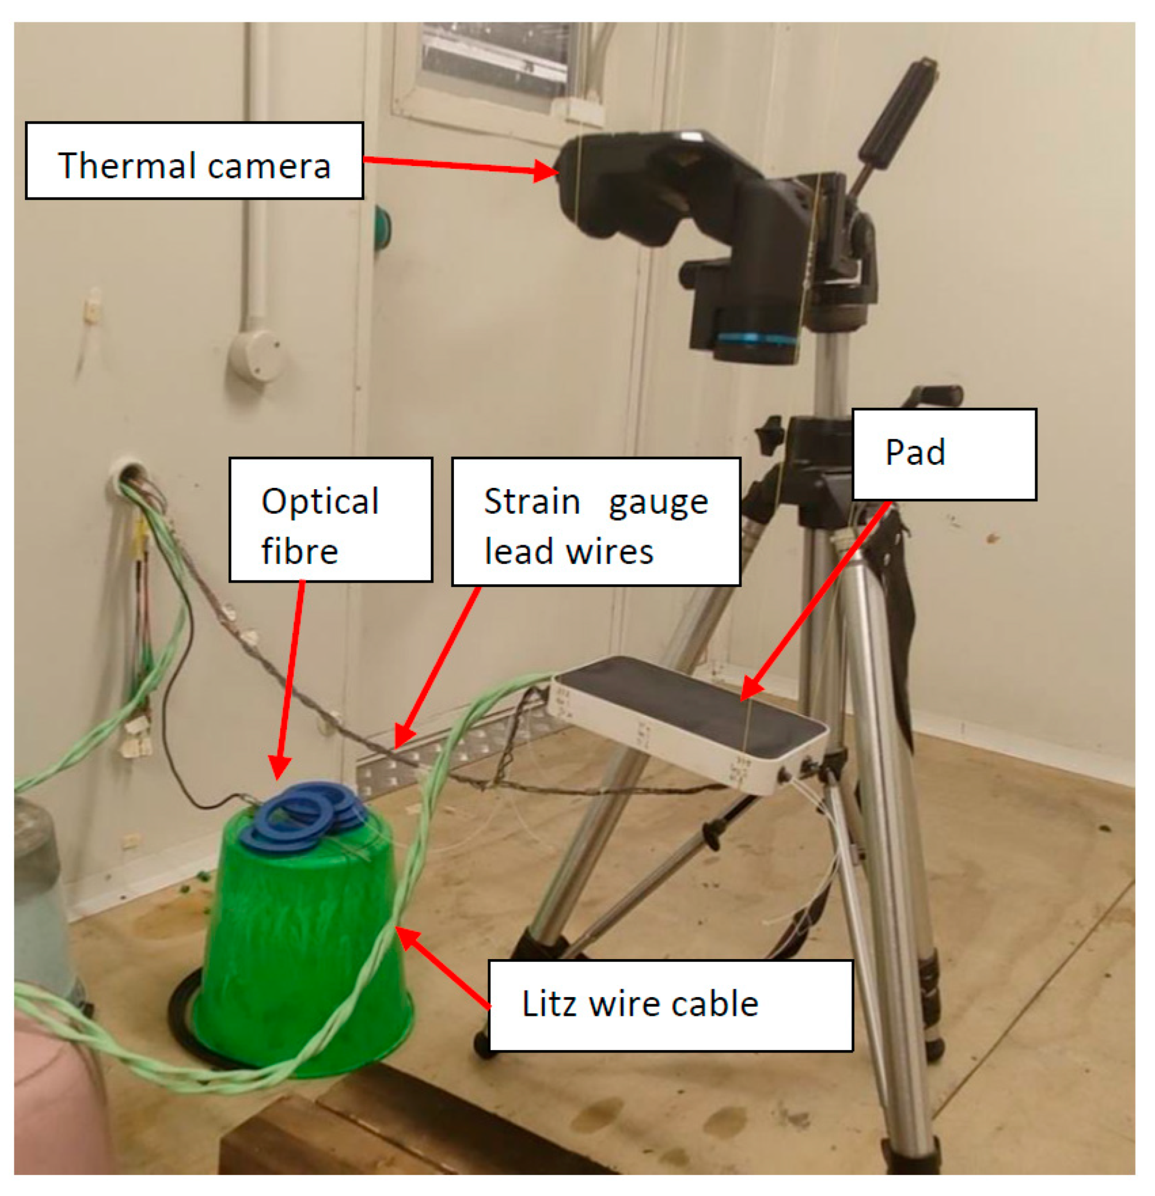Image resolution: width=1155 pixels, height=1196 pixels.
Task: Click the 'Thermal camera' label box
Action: click(x=194, y=161)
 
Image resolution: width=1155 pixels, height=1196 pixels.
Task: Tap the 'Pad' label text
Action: click(x=915, y=453)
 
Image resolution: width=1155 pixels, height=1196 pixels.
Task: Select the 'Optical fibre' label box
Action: click(x=331, y=519)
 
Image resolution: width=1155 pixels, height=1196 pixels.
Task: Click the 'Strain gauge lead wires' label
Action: click(x=596, y=522)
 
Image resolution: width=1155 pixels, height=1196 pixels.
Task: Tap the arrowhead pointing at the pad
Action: click(x=751, y=689)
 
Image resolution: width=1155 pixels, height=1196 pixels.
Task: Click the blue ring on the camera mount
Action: click(x=756, y=339)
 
